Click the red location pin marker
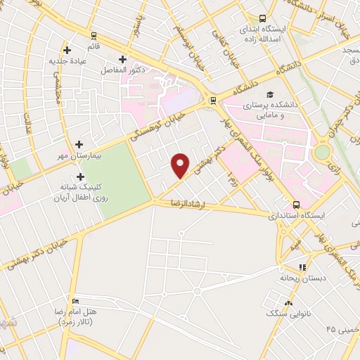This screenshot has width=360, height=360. (181, 165)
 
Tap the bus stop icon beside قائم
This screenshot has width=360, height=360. (94, 34)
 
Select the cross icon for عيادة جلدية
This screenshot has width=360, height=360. (67, 50)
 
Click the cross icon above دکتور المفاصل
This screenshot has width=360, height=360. (123, 59)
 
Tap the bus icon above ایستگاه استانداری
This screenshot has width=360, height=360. (297, 203)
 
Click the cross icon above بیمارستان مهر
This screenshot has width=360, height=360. (79, 143)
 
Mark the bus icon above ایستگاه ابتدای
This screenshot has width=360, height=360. (262, 19)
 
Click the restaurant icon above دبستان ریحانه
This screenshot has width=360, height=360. (302, 267)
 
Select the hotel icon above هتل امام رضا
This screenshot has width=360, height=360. (75, 300)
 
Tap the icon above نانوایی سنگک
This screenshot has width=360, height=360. (289, 303)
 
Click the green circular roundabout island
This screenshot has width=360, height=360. (322, 152)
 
